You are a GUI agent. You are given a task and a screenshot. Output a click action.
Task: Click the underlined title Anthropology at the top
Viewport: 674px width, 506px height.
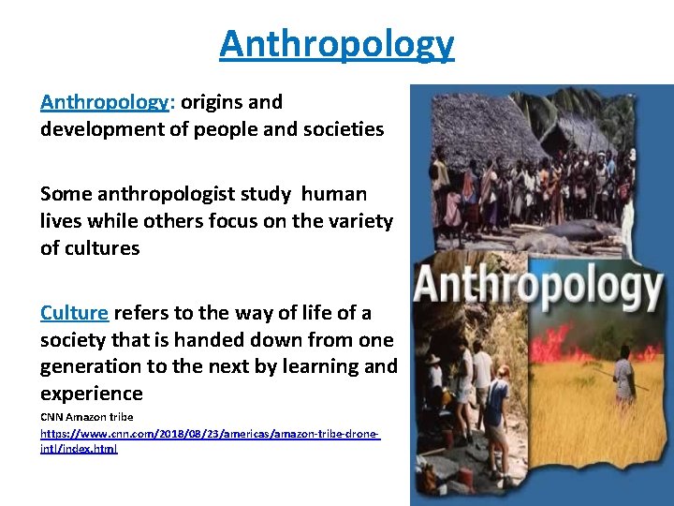[x=337, y=44]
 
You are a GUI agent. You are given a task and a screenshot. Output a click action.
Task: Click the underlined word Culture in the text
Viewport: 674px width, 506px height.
[x=74, y=313]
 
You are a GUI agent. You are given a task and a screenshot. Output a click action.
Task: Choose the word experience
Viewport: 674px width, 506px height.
[x=91, y=394]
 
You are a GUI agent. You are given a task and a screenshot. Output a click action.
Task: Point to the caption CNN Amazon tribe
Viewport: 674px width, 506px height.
[x=87, y=417]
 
